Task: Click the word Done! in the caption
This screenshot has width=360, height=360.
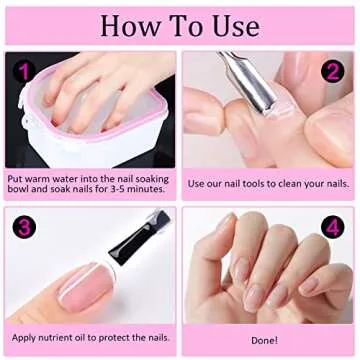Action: [265, 340]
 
